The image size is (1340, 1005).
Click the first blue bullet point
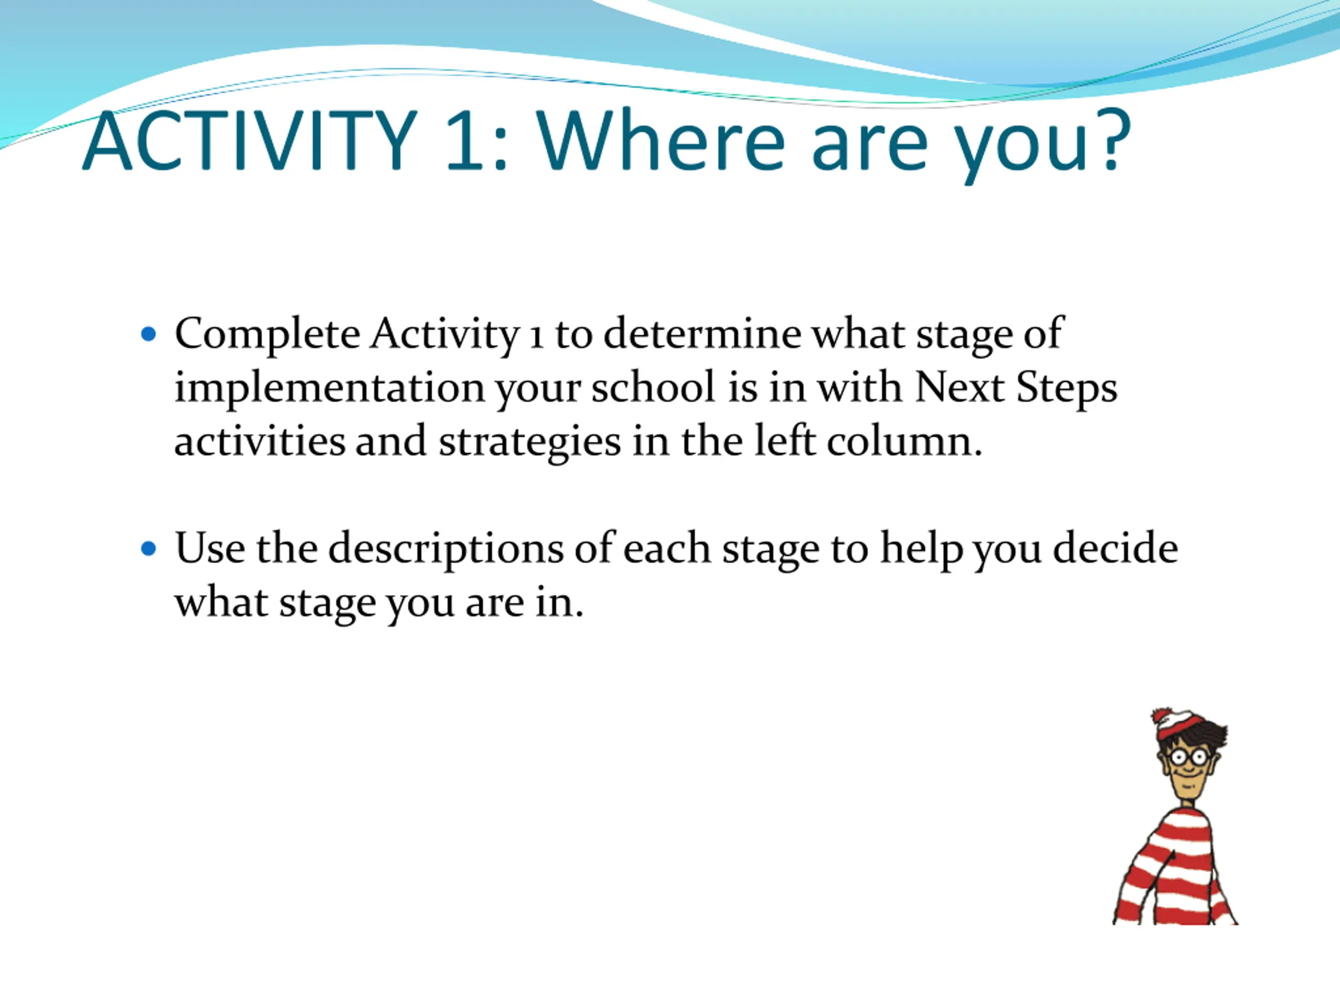(148, 334)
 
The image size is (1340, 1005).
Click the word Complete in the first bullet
(267, 335)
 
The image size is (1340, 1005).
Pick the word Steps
(1066, 388)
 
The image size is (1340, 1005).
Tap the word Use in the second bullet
(209, 548)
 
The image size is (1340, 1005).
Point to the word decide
(1115, 548)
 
